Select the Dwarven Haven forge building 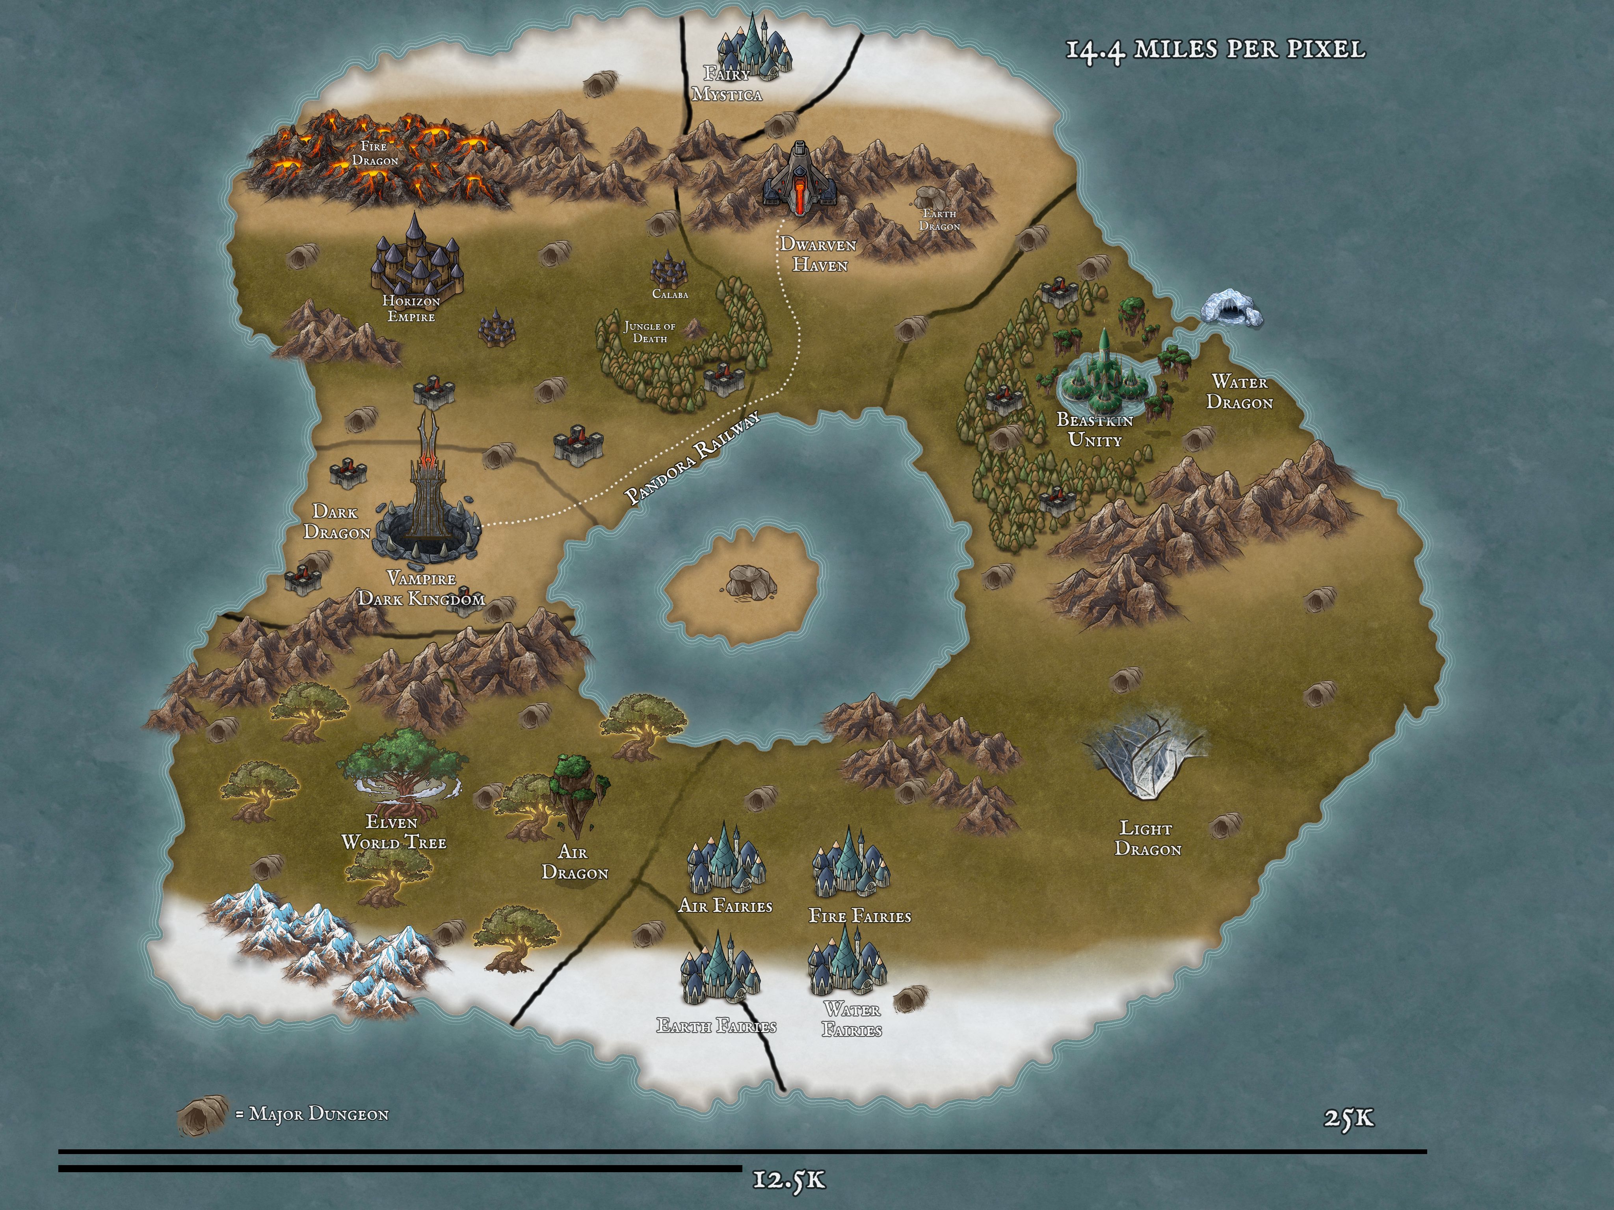click(x=799, y=179)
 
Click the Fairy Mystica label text click(x=727, y=84)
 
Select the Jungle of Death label click(x=649, y=332)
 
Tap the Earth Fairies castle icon click(x=720, y=970)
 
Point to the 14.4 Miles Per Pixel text click(x=1215, y=50)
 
